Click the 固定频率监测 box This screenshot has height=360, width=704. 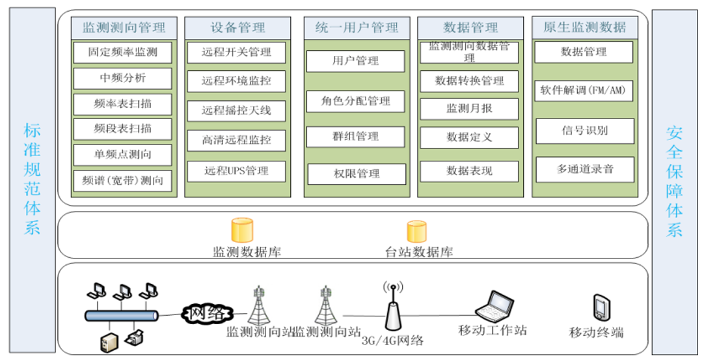122,52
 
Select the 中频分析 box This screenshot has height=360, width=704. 122,78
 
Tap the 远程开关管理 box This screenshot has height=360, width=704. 236,52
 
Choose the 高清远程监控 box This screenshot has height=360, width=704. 236,139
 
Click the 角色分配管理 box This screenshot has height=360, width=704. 355,101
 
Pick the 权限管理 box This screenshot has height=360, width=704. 355,174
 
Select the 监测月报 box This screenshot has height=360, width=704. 469,109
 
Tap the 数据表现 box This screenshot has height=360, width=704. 469,171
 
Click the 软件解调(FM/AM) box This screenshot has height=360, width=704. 584,91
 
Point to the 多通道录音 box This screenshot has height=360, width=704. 584,169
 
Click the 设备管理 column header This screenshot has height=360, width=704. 237,27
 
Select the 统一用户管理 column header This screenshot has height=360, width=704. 356,27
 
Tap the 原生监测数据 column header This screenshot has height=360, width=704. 584,27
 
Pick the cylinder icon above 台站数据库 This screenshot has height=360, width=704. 416,231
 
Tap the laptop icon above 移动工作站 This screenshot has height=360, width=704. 493,305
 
